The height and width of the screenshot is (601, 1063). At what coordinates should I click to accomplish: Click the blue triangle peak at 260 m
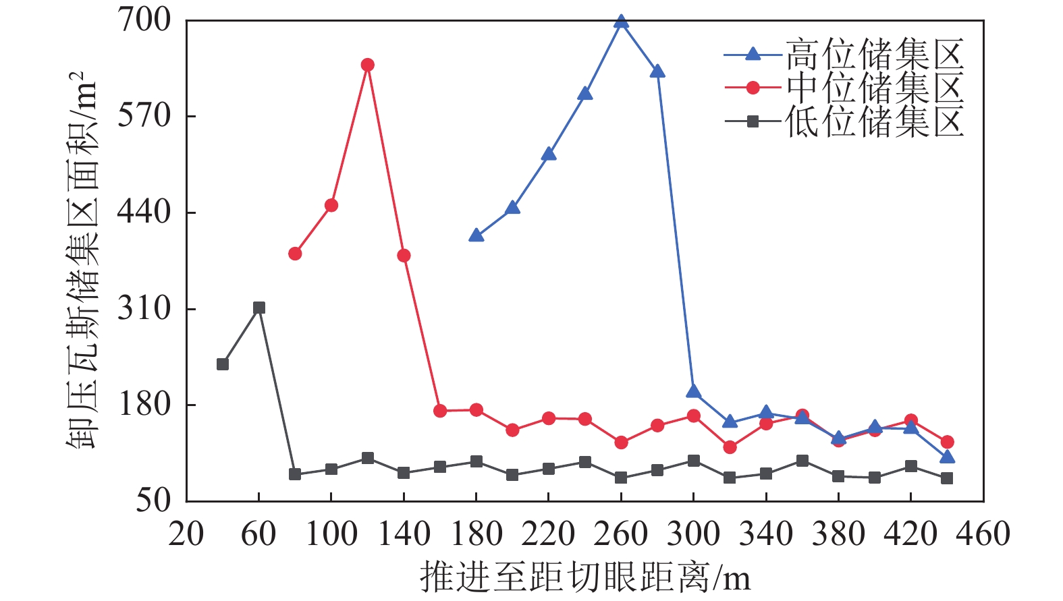coord(622,22)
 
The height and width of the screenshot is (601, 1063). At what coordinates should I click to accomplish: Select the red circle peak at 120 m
coord(367,65)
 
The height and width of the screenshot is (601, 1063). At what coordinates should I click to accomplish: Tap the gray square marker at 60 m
coord(258,308)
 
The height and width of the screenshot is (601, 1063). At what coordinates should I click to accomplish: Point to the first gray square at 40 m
coord(223,364)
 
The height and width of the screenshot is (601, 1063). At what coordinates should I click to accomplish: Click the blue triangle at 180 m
coord(476,235)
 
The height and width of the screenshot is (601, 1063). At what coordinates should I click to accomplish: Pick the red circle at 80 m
coord(295,254)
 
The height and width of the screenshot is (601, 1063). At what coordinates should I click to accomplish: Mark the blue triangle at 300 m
coord(693,392)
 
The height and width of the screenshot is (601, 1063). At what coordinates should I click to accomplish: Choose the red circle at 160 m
coord(440,411)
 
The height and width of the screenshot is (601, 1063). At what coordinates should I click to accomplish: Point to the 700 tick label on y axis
coord(144,20)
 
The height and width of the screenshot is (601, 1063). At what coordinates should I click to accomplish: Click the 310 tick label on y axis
coord(144,309)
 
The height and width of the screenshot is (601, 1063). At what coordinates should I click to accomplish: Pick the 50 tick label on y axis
coord(153,500)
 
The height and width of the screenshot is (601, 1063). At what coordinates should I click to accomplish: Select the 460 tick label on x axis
coord(983,534)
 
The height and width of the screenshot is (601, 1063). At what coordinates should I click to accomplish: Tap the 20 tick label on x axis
coord(186,534)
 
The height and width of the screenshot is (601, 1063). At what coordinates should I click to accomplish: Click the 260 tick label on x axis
coord(621,534)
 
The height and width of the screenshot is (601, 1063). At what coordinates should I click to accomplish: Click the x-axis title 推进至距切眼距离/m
coord(584,577)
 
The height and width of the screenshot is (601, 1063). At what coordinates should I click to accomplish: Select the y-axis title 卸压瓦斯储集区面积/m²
coord(82,260)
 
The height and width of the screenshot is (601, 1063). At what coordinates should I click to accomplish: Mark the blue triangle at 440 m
coord(947,457)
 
